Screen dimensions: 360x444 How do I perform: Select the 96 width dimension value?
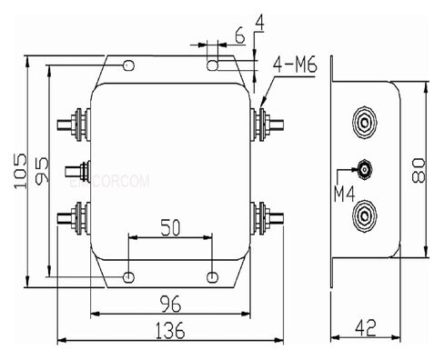click(x=170, y=302)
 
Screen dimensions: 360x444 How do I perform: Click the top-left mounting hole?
click(x=128, y=65)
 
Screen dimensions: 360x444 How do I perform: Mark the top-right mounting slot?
click(x=213, y=65)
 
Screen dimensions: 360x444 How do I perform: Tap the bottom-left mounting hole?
click(x=128, y=275)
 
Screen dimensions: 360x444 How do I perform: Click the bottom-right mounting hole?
click(x=213, y=275)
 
